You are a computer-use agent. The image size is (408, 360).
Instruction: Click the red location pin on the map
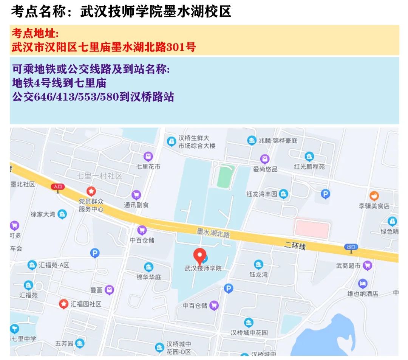coord(199,256)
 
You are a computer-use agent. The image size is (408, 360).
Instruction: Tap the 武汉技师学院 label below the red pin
coord(203,268)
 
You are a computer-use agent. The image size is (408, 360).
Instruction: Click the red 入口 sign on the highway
coord(58,186)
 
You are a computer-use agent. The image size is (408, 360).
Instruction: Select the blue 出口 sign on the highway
coord(351,247)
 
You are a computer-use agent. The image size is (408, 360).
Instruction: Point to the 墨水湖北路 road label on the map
coord(213,233)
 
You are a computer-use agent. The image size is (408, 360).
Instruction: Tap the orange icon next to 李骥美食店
coord(374,196)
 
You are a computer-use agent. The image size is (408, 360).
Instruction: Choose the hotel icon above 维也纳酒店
coord(363,283)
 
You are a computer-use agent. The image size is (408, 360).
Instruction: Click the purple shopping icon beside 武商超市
coord(367,266)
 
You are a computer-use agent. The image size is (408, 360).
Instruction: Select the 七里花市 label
coord(148,166)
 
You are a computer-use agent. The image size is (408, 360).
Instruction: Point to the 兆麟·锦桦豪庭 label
coord(278,141)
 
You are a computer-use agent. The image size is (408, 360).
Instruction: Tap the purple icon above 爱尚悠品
coord(265,159)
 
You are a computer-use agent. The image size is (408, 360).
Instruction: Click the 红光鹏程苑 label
coord(309,166)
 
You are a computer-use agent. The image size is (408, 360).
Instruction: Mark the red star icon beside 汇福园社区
coord(64,303)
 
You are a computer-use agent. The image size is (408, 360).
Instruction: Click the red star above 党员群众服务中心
coord(91,191)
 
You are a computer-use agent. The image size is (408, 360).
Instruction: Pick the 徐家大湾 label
coord(43,214)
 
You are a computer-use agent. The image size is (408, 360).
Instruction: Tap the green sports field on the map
coord(226,176)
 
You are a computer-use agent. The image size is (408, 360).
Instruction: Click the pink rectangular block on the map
coord(312,229)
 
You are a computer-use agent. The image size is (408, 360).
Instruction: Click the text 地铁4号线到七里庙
coord(59,82)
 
